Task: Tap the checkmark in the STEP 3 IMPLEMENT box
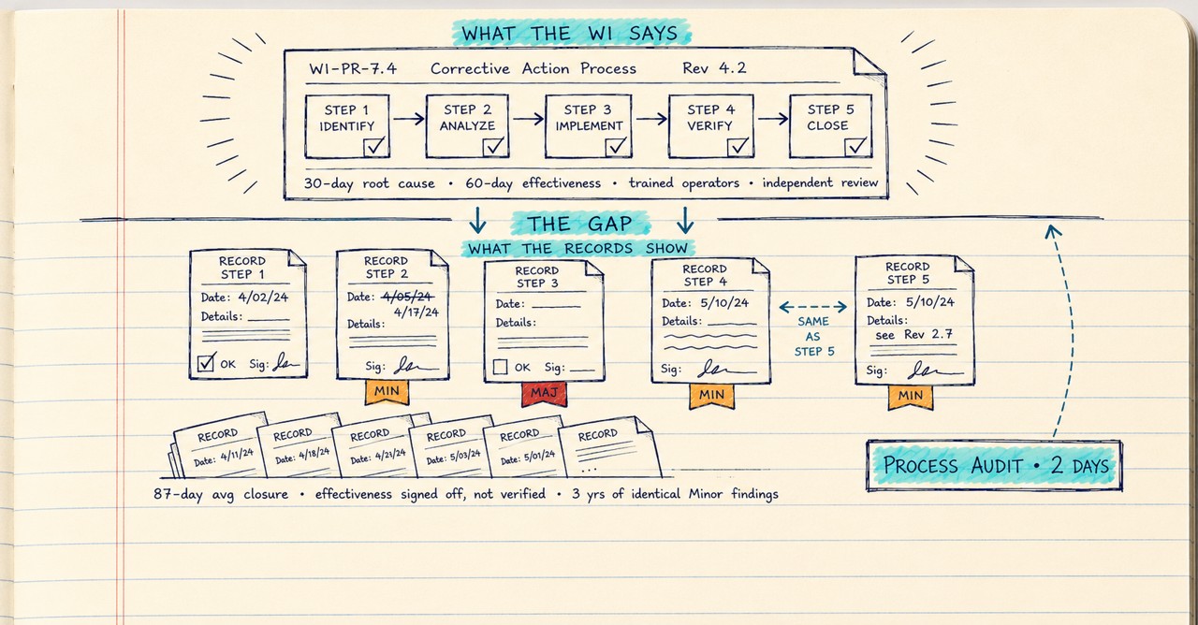click(x=617, y=145)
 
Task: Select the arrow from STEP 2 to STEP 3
click(x=528, y=118)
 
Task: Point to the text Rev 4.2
click(x=714, y=68)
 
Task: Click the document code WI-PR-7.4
click(x=353, y=68)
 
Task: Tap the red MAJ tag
click(x=544, y=394)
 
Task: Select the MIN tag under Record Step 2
click(x=387, y=392)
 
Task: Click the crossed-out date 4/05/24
click(x=407, y=296)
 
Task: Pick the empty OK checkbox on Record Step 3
click(x=500, y=367)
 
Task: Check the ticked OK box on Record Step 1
click(x=206, y=363)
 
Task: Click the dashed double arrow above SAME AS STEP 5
click(x=813, y=307)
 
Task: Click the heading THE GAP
click(x=579, y=224)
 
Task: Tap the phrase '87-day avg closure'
click(x=221, y=494)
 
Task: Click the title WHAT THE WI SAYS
click(x=570, y=33)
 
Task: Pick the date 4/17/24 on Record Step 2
click(x=416, y=312)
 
